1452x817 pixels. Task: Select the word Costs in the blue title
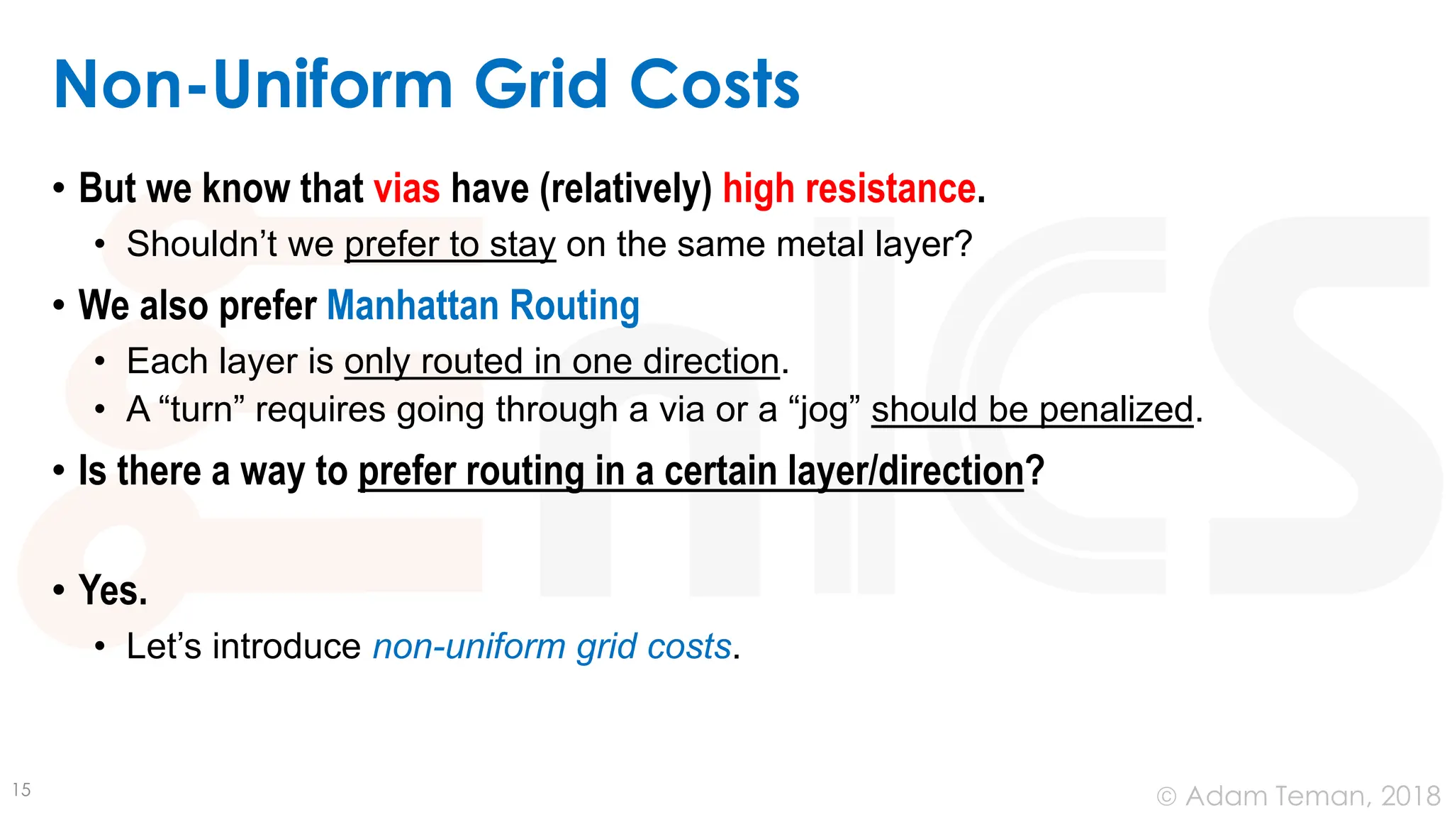click(x=714, y=85)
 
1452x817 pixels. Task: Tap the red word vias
click(x=406, y=189)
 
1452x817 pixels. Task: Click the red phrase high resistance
click(x=849, y=189)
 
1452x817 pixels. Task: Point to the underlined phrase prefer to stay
click(x=449, y=245)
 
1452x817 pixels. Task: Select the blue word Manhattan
click(x=413, y=306)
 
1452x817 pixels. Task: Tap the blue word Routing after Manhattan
click(x=574, y=306)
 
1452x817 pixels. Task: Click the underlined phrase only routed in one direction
click(x=562, y=362)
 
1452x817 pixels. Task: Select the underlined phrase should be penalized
click(x=1032, y=410)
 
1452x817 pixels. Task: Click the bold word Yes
click(x=113, y=590)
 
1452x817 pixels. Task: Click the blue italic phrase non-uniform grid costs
click(x=552, y=646)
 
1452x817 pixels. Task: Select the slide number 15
click(x=22, y=790)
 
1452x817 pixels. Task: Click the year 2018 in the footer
click(x=1410, y=796)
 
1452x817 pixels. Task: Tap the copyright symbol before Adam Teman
click(x=1166, y=797)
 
